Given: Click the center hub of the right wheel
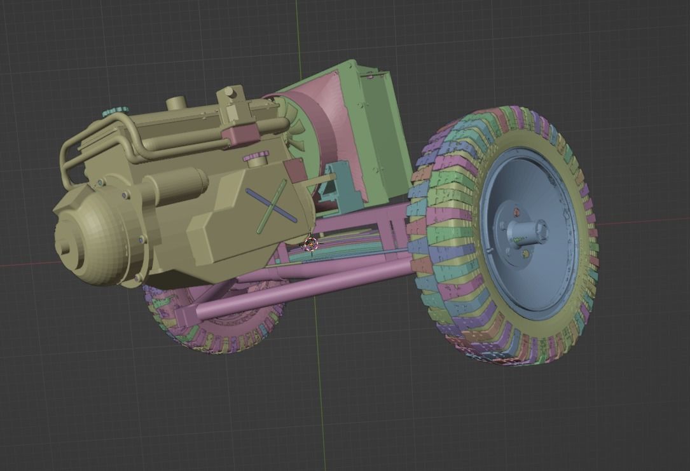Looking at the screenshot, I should [x=533, y=231].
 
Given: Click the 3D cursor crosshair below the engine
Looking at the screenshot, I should [x=310, y=243].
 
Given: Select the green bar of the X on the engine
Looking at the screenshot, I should [x=272, y=205].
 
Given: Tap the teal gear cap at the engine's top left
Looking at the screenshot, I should [x=114, y=112].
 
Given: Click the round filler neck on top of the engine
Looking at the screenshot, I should [x=176, y=103].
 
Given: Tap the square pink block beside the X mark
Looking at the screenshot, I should [x=294, y=170].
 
